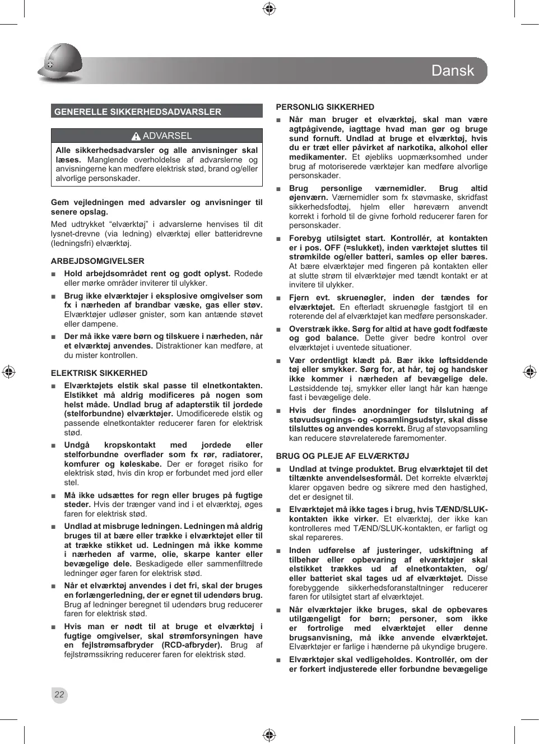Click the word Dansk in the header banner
pos(452,71)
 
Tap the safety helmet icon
pos(60,63)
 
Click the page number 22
pos(59,695)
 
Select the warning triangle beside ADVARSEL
pos(136,136)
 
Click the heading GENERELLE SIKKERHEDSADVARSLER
pos(138,111)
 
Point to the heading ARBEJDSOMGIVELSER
pos(97,261)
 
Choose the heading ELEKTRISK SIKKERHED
pos(99,373)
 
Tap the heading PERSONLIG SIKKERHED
pos(325,107)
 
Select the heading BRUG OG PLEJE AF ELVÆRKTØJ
pos(342,456)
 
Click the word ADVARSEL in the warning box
pos(167,136)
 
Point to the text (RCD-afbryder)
pos(192,645)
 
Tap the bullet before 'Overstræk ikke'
pos(278,329)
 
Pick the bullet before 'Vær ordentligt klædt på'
pos(278,361)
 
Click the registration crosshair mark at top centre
pos(269,8)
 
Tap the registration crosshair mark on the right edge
pos(529,371)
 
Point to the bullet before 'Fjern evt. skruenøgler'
pos(278,298)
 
